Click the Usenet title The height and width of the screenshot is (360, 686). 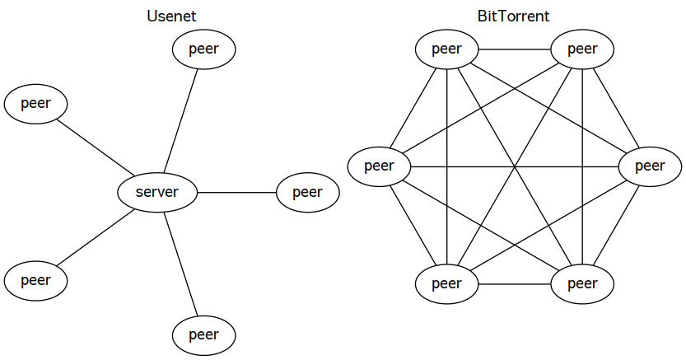point(171,16)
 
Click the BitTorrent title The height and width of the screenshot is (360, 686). point(513,16)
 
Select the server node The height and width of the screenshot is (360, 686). point(157,193)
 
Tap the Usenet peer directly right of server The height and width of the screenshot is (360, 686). point(308,193)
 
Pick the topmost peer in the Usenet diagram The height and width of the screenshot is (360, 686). point(204,49)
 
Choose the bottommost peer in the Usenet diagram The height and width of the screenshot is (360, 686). point(204,335)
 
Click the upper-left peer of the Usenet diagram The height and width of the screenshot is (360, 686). point(36,104)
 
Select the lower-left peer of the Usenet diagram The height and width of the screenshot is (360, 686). point(36,280)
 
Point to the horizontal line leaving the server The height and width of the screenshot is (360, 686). point(237,193)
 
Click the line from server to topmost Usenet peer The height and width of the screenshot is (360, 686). point(180,121)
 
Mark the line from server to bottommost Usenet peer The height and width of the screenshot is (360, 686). point(180,264)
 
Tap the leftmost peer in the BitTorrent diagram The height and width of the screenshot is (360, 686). point(380,166)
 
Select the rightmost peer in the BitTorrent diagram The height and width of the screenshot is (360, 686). point(650,166)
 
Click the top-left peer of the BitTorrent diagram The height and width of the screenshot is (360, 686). point(446,49)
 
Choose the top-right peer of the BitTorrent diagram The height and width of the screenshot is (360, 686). point(582,49)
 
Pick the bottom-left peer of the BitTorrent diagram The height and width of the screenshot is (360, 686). point(446,284)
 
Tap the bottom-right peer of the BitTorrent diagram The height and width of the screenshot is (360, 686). point(582,284)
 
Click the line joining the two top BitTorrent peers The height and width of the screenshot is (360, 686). point(515,49)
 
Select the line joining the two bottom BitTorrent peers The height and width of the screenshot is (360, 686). point(515,284)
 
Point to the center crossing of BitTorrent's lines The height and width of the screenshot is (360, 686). point(515,166)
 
